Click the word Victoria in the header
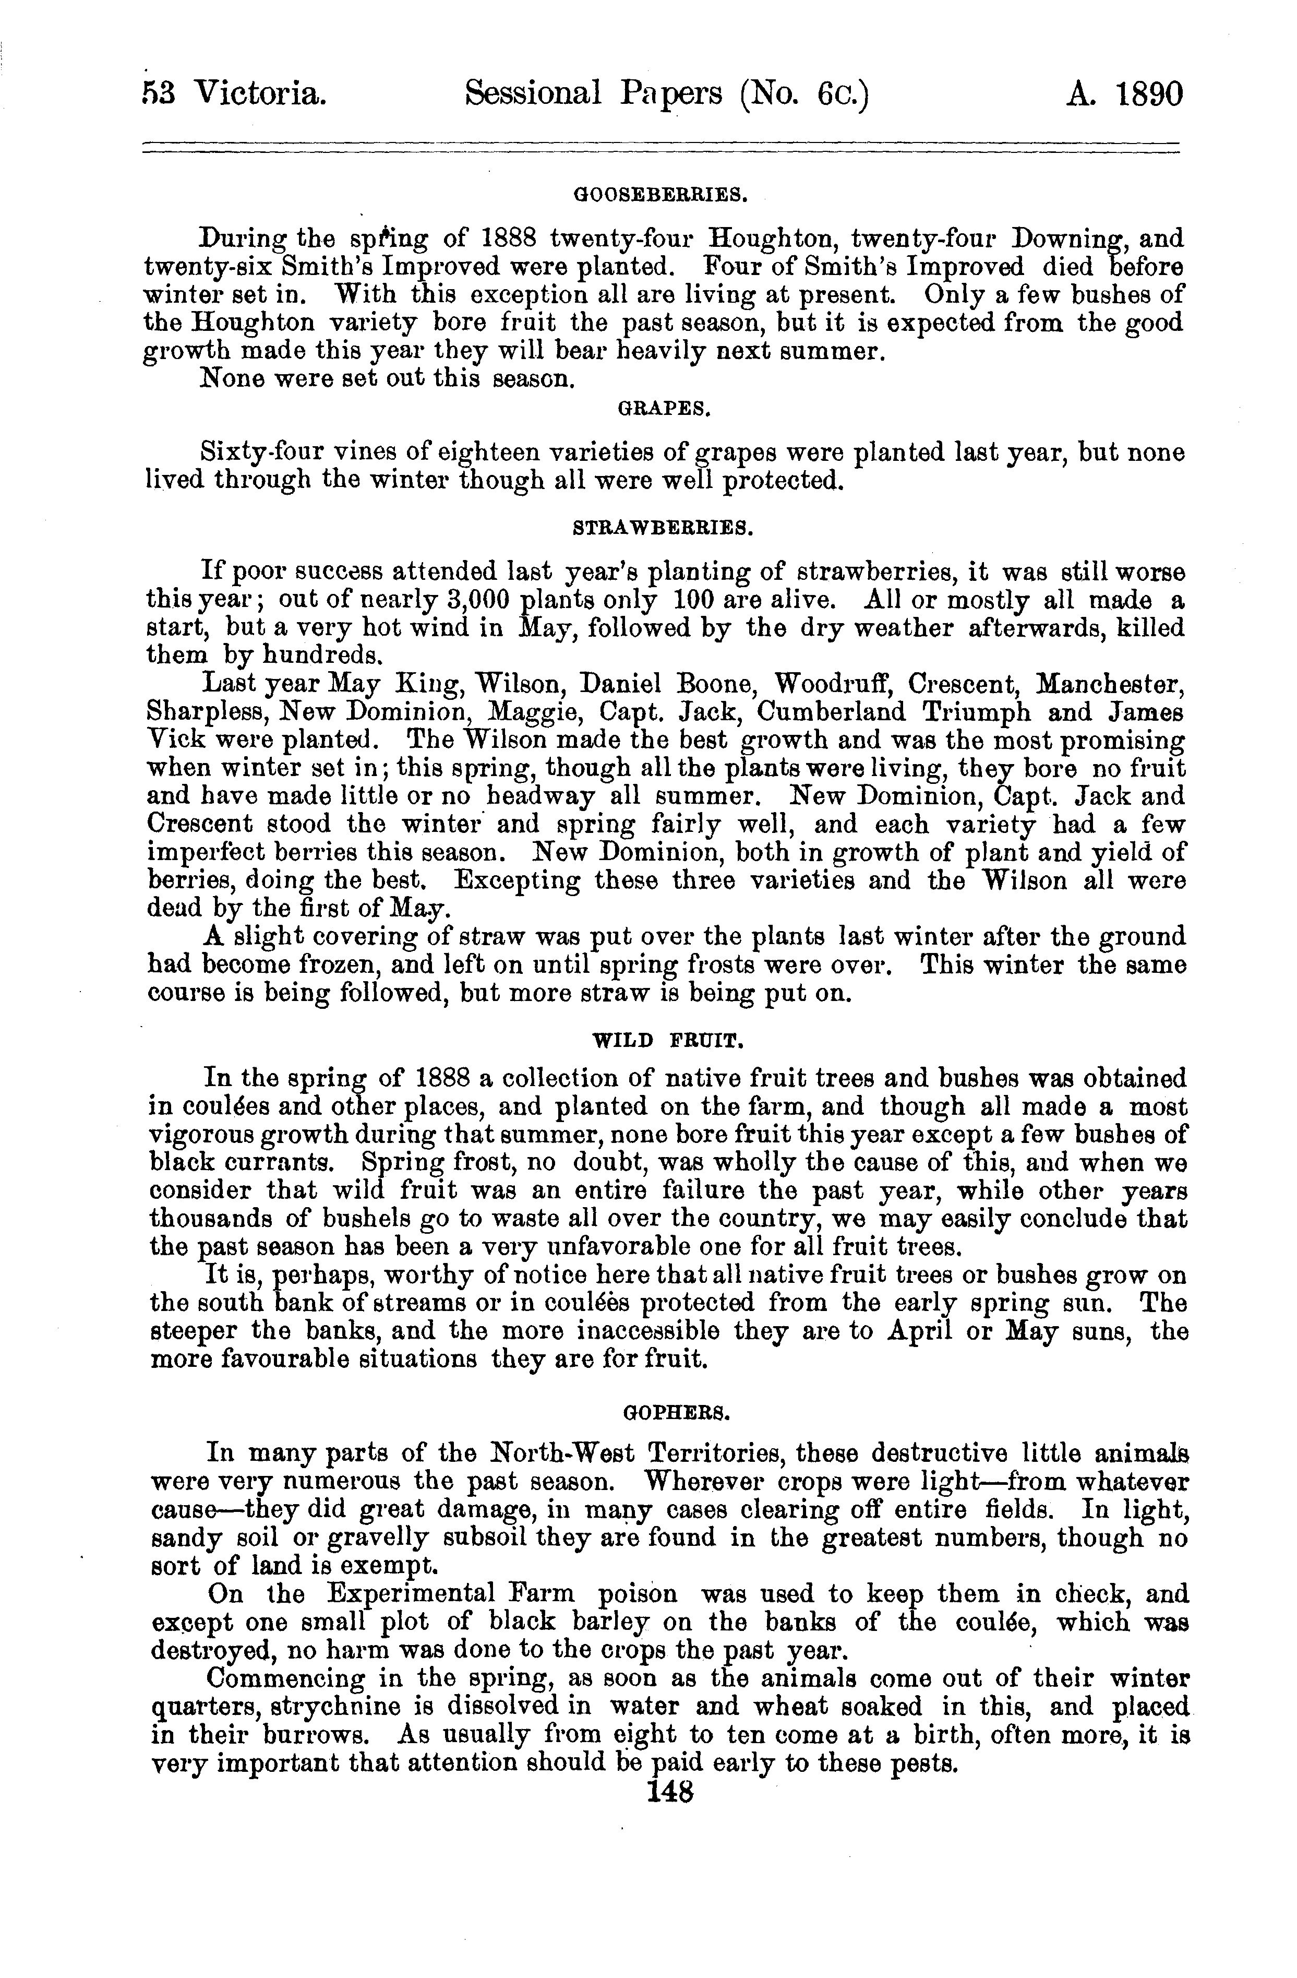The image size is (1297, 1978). pos(258,94)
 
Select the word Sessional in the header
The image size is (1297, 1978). pos(533,94)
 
